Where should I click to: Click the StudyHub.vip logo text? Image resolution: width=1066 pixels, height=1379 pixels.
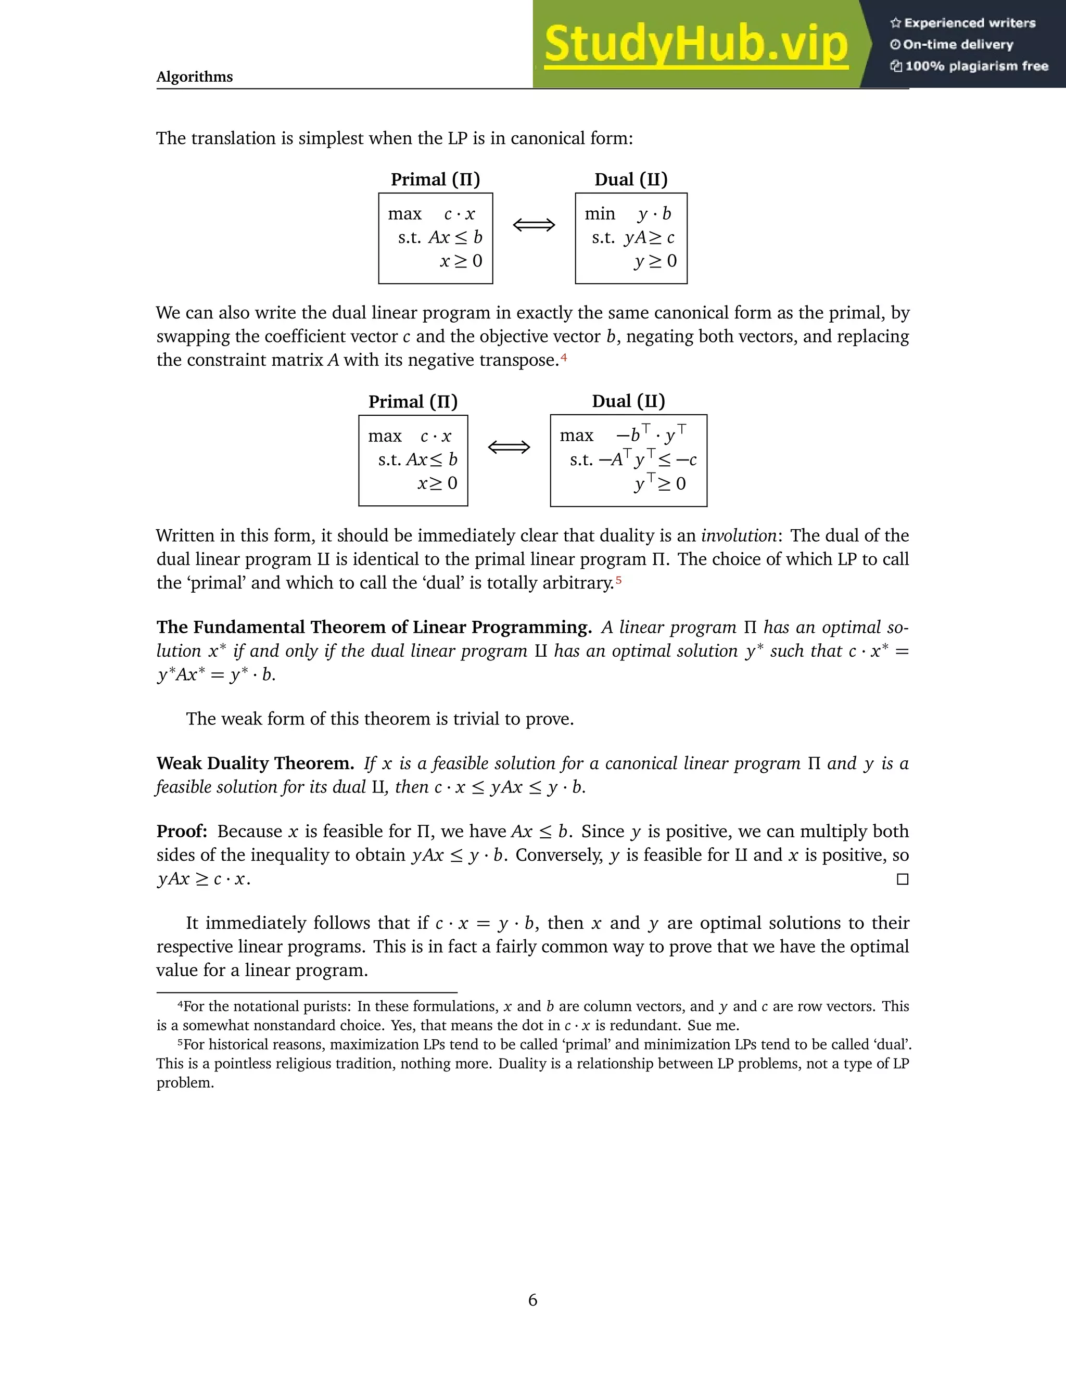695,44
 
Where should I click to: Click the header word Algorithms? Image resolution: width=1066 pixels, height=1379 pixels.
195,77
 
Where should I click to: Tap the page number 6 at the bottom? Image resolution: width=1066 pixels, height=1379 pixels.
532,1300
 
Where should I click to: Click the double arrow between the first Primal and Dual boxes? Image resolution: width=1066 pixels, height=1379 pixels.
534,225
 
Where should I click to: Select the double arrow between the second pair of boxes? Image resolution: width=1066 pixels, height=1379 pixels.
509,448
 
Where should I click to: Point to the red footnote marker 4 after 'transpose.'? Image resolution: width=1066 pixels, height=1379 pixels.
564,358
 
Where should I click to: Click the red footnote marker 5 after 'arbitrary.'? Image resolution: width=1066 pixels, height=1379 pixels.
619,580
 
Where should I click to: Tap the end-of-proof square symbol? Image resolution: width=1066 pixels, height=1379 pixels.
903,879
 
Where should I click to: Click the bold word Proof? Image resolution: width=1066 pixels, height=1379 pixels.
182,831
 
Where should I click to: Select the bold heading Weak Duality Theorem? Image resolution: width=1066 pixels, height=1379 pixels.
255,763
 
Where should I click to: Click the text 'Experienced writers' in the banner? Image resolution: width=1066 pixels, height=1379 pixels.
969,23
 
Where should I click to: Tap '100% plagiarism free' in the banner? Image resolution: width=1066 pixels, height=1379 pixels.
976,66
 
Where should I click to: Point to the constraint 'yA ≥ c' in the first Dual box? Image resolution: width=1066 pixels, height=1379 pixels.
649,237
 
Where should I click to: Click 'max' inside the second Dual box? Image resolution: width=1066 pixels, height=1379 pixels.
576,436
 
